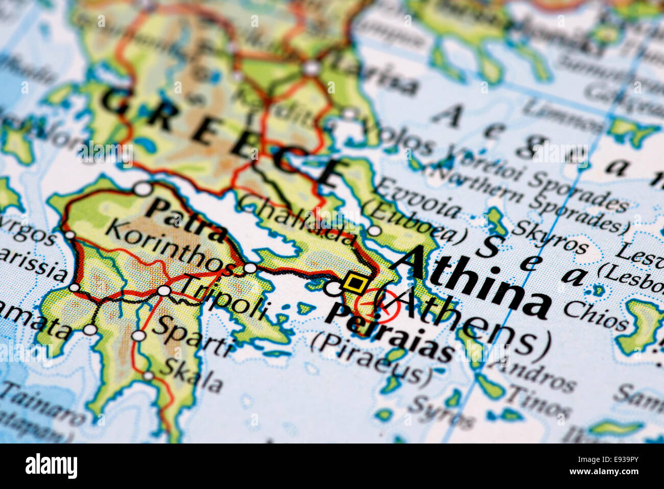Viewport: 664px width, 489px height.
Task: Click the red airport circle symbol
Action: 384,306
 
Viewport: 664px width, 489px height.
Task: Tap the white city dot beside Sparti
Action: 139,336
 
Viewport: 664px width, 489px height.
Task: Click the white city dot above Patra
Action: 143,189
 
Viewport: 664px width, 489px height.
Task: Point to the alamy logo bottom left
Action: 51,466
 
